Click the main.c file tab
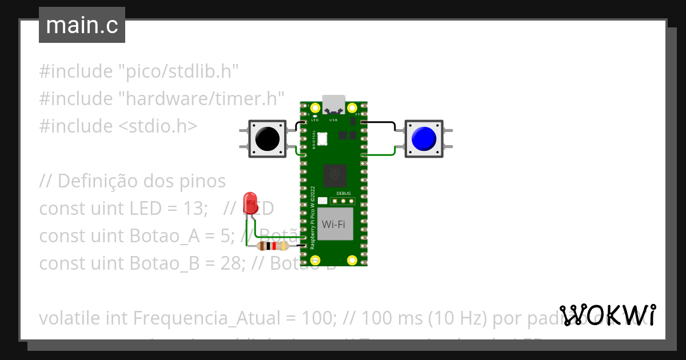click(x=82, y=25)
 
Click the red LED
click(x=250, y=203)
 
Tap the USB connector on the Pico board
click(x=333, y=105)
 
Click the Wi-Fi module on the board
click(x=333, y=224)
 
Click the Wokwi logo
click(x=607, y=315)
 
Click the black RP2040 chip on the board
click(x=334, y=175)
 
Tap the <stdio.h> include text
click(x=157, y=126)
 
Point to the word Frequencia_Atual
click(x=197, y=318)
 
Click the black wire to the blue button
click(x=380, y=122)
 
